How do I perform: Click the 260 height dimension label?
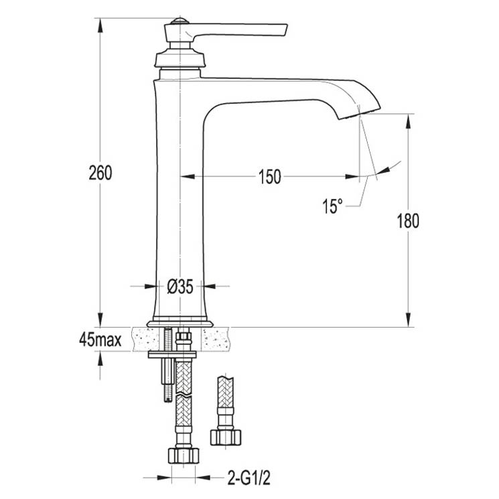100,173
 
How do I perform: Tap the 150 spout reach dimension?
270,177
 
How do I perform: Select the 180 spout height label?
408,221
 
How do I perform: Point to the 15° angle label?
333,206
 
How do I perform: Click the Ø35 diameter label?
180,287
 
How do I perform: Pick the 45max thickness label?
100,340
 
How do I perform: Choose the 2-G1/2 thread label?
249,478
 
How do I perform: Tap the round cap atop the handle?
180,21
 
